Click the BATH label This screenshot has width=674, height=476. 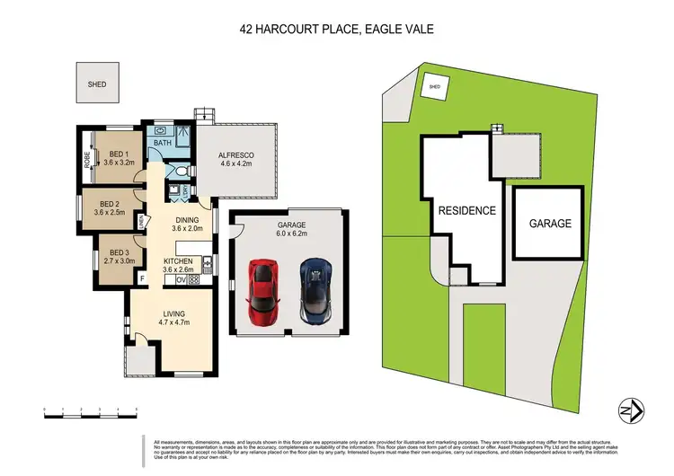point(163,143)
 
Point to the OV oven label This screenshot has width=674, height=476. point(181,279)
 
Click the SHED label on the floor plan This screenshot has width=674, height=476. point(96,84)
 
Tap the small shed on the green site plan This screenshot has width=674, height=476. point(434,87)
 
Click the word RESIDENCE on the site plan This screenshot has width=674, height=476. point(466,211)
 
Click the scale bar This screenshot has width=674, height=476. point(90,411)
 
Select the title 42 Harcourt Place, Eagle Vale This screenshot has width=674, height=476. point(336,29)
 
